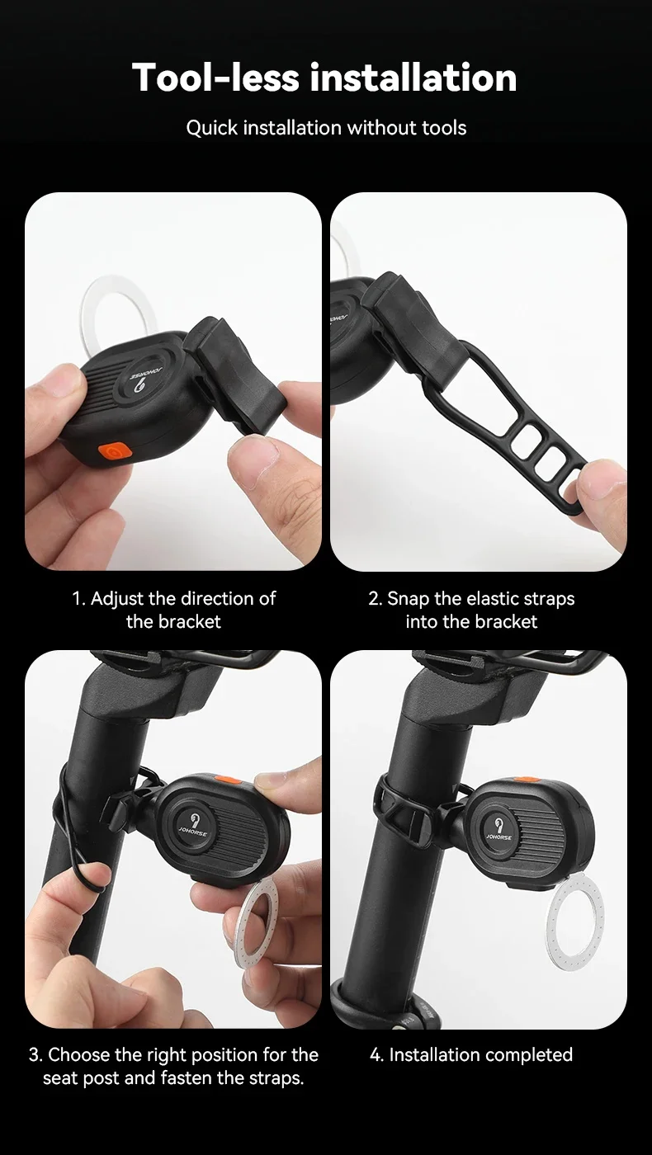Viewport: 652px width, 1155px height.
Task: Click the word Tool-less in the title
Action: coord(215,78)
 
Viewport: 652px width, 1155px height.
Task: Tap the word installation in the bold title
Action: coord(413,78)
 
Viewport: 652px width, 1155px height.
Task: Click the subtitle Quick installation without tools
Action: coord(326,127)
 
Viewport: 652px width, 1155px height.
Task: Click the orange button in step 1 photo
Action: coord(116,451)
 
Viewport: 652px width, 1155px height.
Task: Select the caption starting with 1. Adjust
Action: coord(174,610)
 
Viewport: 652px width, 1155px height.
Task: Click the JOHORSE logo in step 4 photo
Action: coord(498,828)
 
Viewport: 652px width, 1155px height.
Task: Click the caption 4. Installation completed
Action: coord(471,1054)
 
